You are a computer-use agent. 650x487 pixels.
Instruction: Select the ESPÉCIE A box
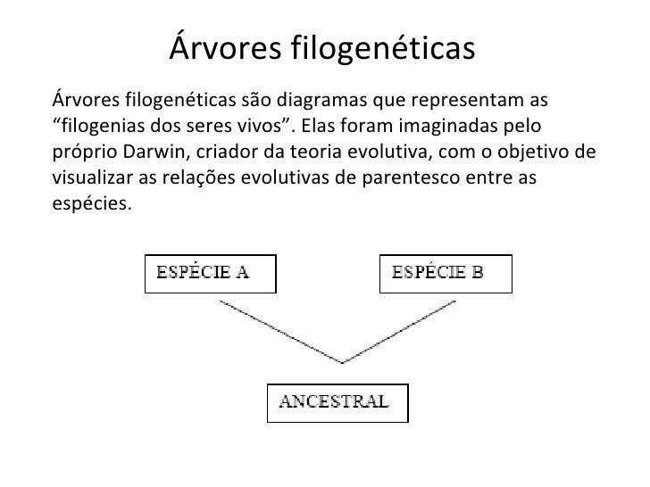[x=211, y=274]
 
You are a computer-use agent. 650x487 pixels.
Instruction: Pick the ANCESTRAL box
[x=338, y=402]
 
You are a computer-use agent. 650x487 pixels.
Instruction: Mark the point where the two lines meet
[x=342, y=361]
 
